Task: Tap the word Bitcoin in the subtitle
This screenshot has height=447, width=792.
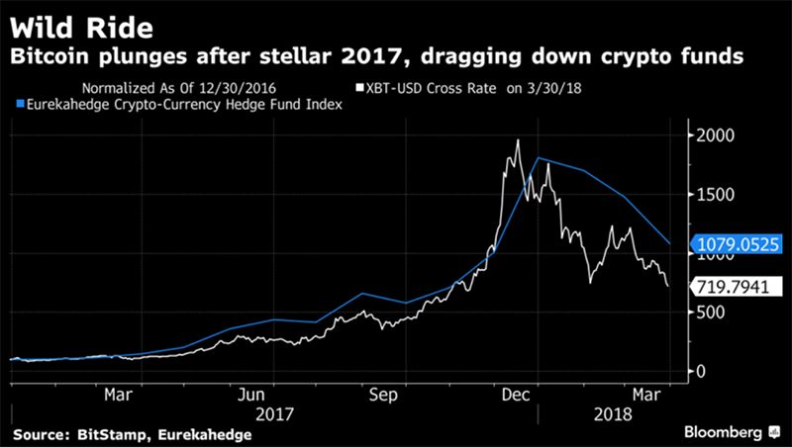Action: point(52,56)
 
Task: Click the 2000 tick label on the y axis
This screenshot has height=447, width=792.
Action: point(716,135)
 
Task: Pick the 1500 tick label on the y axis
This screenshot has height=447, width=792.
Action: point(716,195)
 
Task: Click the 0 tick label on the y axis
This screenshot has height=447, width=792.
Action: point(700,371)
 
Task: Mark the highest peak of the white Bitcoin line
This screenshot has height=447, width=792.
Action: point(518,140)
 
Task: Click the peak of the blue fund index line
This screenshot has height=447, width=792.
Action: point(538,158)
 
